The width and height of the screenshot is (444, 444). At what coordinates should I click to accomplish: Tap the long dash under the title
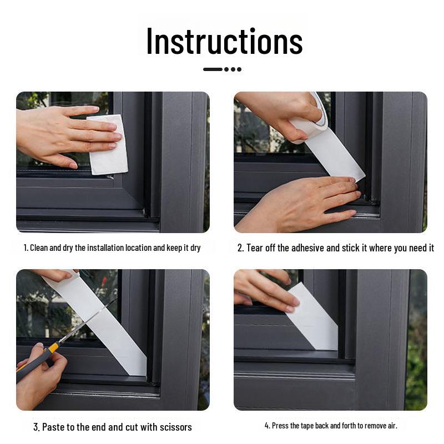pos(213,69)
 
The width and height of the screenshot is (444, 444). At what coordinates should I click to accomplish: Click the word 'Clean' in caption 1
pos(39,248)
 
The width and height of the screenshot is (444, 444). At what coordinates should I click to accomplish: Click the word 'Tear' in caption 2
pos(255,248)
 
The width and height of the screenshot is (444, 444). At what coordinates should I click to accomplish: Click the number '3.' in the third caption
pos(37,427)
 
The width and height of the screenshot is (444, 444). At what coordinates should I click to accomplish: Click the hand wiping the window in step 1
pos(61,133)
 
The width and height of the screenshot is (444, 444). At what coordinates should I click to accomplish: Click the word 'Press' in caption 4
pos(281,426)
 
